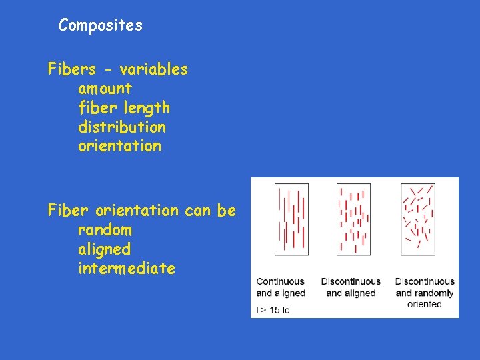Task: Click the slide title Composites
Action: pyautogui.click(x=100, y=25)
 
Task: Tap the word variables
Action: pyautogui.click(x=154, y=69)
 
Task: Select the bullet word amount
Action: pyautogui.click(x=105, y=89)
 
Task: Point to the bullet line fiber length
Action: pyautogui.click(x=124, y=108)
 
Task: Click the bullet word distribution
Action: pyautogui.click(x=122, y=127)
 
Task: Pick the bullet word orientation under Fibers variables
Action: pyautogui.click(x=119, y=146)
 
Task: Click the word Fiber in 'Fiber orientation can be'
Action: pyautogui.click(x=69, y=211)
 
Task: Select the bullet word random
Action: pyautogui.click(x=105, y=230)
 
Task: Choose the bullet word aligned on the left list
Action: pyautogui.click(x=104, y=249)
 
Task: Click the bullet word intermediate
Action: pyautogui.click(x=127, y=269)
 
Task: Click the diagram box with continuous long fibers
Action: pyautogui.click(x=291, y=219)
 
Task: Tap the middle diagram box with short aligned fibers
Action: pyautogui.click(x=353, y=219)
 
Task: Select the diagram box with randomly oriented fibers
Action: pyautogui.click(x=417, y=219)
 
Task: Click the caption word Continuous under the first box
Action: pyautogui.click(x=280, y=281)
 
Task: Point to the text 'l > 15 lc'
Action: pyautogui.click(x=273, y=310)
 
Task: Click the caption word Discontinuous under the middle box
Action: pyautogui.click(x=351, y=281)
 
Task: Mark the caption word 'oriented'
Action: pyautogui.click(x=424, y=304)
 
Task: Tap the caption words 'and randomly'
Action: pyautogui.click(x=424, y=293)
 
